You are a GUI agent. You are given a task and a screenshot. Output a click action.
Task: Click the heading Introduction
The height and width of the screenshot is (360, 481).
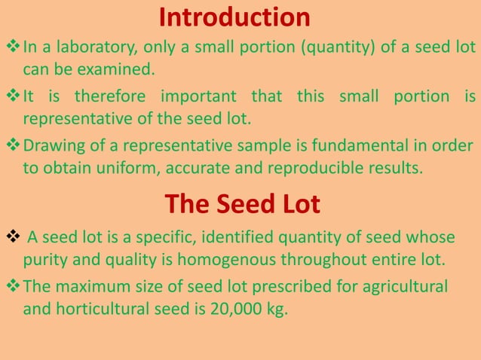click(x=234, y=17)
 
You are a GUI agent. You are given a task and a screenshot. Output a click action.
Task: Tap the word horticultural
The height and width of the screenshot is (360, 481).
click(x=103, y=308)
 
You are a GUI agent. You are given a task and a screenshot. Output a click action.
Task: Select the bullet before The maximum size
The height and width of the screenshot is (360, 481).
click(x=14, y=286)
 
